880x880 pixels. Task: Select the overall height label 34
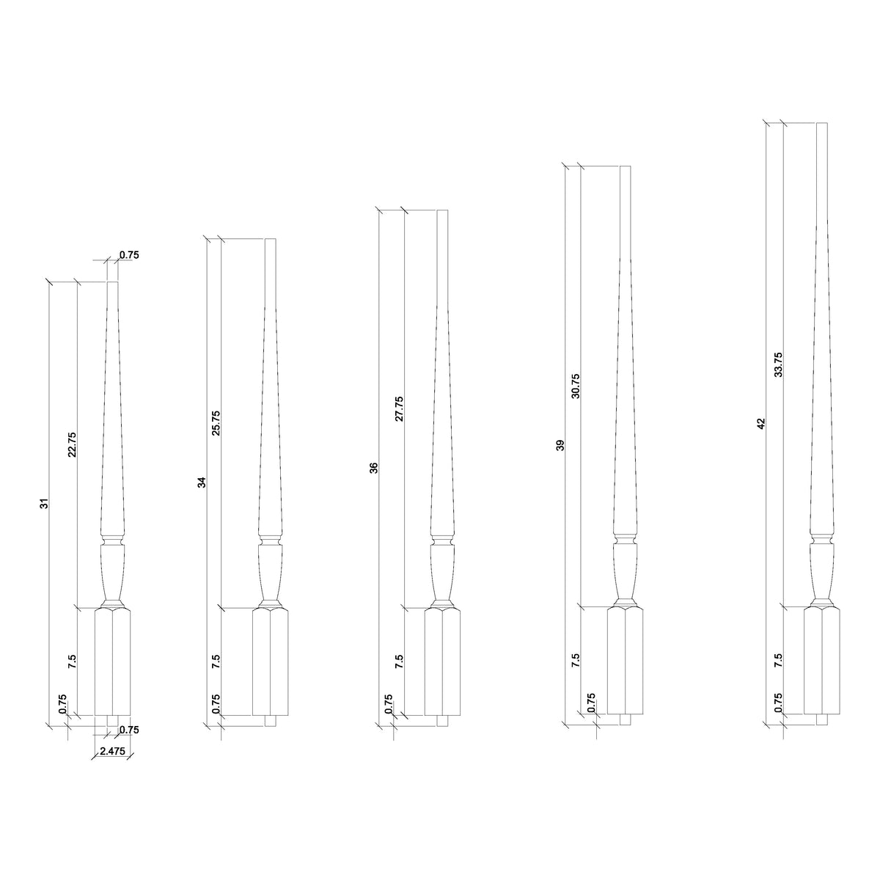coord(202,482)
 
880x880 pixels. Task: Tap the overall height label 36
coord(374,467)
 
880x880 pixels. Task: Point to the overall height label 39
coord(561,445)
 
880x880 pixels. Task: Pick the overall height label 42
coord(761,423)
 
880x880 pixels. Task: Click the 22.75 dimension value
coord(72,444)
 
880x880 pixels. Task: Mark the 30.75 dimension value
coord(576,386)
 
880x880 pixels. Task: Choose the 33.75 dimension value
coord(779,364)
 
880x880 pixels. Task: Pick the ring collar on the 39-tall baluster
coord(624,541)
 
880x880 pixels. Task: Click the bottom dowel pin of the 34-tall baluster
coord(271,721)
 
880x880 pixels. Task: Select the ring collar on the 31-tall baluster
coord(112,542)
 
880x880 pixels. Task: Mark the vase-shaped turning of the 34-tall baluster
coord(271,572)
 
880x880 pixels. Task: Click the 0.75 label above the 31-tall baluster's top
coord(129,255)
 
